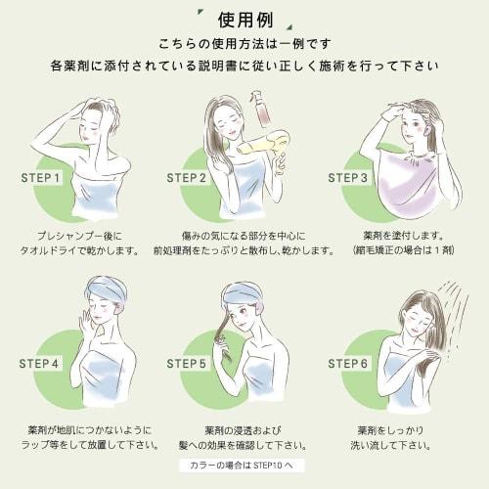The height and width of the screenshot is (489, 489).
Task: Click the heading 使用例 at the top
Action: pos(244,19)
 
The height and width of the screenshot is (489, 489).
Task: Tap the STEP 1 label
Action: pos(41,179)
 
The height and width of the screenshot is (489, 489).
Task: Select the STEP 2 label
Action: pos(187,179)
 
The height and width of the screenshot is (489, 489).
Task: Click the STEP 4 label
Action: pos(39,363)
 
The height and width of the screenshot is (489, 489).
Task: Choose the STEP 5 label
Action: pos(187,363)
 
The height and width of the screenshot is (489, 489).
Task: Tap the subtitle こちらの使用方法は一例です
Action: pos(244,45)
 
